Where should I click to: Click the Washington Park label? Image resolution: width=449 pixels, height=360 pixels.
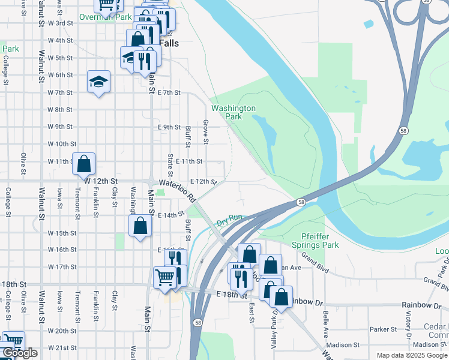pyautogui.click(x=234, y=112)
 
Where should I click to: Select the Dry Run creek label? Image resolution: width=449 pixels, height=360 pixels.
pyautogui.click(x=229, y=221)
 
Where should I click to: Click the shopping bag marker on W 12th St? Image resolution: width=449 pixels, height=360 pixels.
pyautogui.click(x=84, y=163)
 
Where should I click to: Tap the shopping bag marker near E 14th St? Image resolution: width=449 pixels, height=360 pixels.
pyautogui.click(x=140, y=226)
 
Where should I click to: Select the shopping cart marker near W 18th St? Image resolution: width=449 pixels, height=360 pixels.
pyautogui.click(x=164, y=277)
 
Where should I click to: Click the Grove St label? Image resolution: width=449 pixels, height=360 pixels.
pyautogui.click(x=205, y=132)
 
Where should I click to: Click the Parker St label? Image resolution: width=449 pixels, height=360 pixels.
pyautogui.click(x=384, y=329)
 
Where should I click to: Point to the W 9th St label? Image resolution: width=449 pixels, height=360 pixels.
pyautogui.click(x=59, y=127)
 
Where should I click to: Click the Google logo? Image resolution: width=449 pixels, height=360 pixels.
pyautogui.click(x=20, y=353)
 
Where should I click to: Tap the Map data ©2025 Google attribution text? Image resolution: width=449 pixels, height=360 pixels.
pyautogui.click(x=412, y=355)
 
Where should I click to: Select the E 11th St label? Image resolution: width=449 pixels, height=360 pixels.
pyautogui.click(x=189, y=161)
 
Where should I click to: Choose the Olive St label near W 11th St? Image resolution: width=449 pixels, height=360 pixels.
pyautogui.click(x=23, y=163)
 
